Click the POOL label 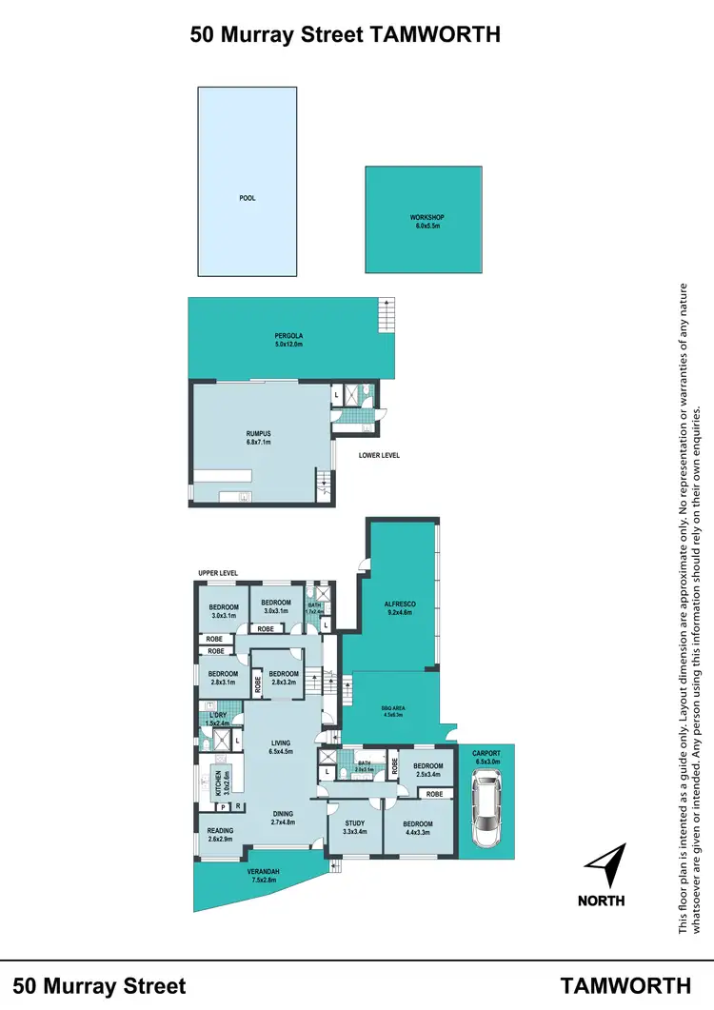(248, 199)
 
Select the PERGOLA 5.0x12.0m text (288, 340)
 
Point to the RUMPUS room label (259, 438)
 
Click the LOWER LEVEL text (379, 456)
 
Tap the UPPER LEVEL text (217, 573)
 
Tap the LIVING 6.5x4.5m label (280, 747)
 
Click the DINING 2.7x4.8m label (283, 818)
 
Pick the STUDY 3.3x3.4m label (354, 827)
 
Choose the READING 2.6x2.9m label (220, 835)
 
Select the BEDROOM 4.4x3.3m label (419, 828)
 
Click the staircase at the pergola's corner (386, 311)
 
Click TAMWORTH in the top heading (432, 35)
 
